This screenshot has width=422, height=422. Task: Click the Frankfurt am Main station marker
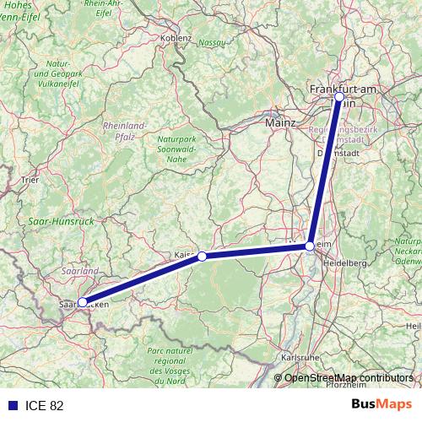pos(338,97)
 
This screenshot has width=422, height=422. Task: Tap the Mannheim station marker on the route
pos(310,246)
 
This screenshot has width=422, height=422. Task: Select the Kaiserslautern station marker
pos(202,256)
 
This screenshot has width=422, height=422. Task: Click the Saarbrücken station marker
pos(82,301)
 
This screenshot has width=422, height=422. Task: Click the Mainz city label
pos(280,123)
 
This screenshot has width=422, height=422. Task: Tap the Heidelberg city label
pos(345,263)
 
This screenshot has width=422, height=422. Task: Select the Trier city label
pos(30,180)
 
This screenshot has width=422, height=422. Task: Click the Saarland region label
pos(80,271)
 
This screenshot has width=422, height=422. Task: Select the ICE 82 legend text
pos(45,406)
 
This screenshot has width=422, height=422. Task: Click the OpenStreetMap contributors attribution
pos(348,378)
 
